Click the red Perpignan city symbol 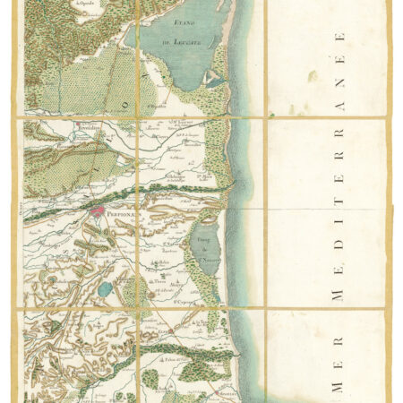[x=98, y=212]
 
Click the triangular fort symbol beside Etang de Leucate [x=209, y=80]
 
